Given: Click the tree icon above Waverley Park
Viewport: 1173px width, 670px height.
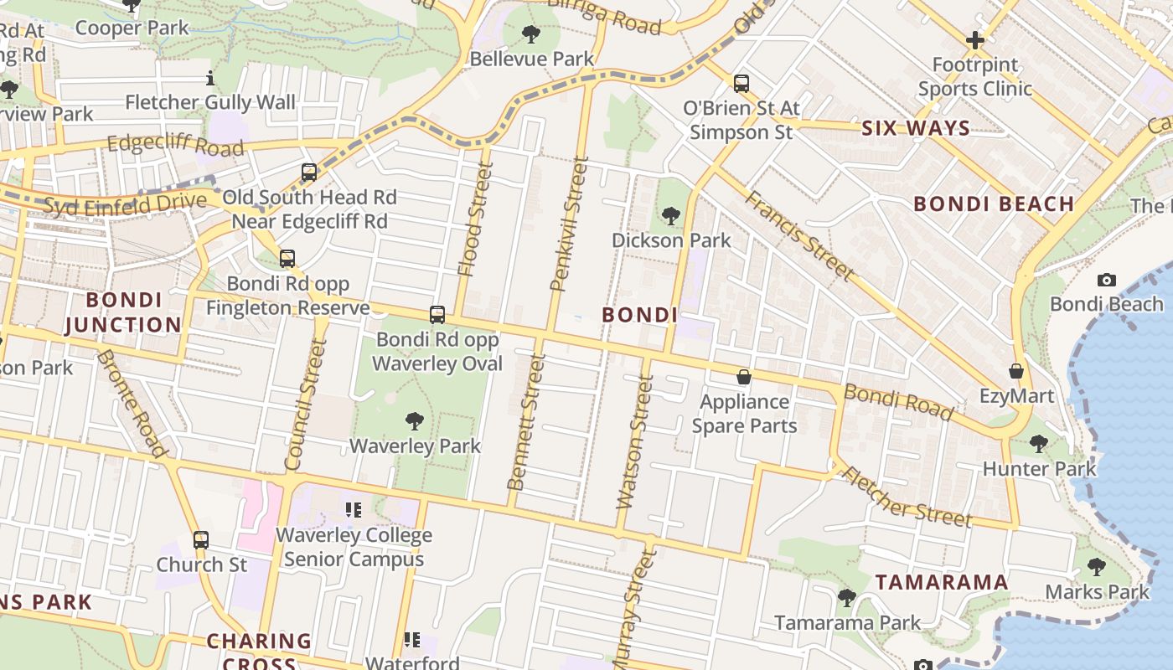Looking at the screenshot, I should coord(414,420).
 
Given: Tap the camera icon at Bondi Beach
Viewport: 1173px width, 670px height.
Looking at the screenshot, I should coord(1106,280).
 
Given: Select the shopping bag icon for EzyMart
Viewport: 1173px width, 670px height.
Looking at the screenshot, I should coord(1016,370).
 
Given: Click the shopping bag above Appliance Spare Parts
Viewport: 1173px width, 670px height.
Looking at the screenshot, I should coord(743,377).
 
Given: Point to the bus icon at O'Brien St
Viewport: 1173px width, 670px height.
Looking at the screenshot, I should coord(742,83).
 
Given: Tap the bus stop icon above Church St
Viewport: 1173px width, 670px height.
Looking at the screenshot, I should coord(201,539).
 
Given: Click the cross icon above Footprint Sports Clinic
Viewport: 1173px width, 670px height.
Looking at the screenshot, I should coord(974,39).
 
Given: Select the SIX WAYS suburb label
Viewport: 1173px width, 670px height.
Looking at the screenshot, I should coord(916,128).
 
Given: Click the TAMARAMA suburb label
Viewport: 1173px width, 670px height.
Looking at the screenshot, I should coord(941,582).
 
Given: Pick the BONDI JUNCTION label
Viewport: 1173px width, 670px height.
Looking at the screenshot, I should coord(123,312).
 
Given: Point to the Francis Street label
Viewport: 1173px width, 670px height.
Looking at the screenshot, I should coord(799,235).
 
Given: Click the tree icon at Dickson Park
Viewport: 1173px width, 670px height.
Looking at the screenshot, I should coord(670,216).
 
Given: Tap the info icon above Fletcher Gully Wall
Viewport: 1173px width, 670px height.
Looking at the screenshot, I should coord(209,79).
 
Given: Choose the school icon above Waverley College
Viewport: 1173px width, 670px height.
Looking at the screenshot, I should coord(353,509).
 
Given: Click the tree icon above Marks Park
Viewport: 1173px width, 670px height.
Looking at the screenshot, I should coord(1096,567).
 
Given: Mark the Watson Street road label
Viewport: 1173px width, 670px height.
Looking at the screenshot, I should coord(635,442).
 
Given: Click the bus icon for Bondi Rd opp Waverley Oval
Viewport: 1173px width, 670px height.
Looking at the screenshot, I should coord(437,315).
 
